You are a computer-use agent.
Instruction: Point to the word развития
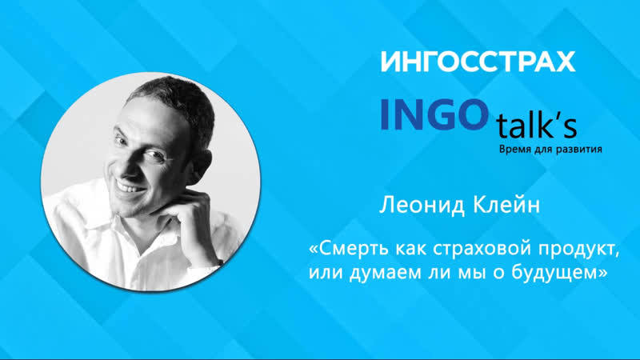[x=578, y=150]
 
